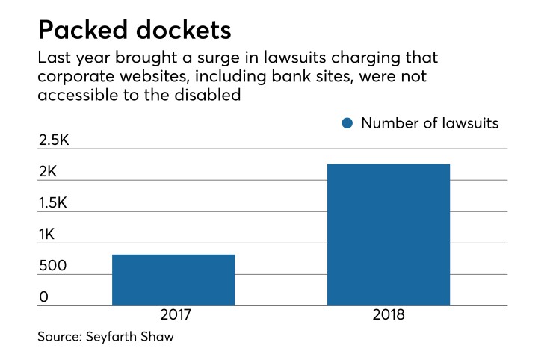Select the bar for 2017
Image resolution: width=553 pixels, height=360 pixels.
(173, 280)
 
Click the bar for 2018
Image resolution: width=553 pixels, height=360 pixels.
(389, 235)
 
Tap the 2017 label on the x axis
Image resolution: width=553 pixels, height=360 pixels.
(173, 315)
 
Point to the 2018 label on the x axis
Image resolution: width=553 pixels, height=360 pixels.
(389, 315)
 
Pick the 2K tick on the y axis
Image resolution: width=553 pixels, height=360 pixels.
(48, 172)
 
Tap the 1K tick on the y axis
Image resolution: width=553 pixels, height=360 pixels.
(48, 235)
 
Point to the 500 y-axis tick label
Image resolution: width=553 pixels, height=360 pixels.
(52, 266)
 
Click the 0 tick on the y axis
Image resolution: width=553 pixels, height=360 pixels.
(43, 297)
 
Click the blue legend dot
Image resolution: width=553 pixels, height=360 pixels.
(347, 123)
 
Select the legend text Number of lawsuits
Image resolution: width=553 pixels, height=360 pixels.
(429, 123)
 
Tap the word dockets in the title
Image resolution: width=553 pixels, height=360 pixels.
(179, 31)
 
